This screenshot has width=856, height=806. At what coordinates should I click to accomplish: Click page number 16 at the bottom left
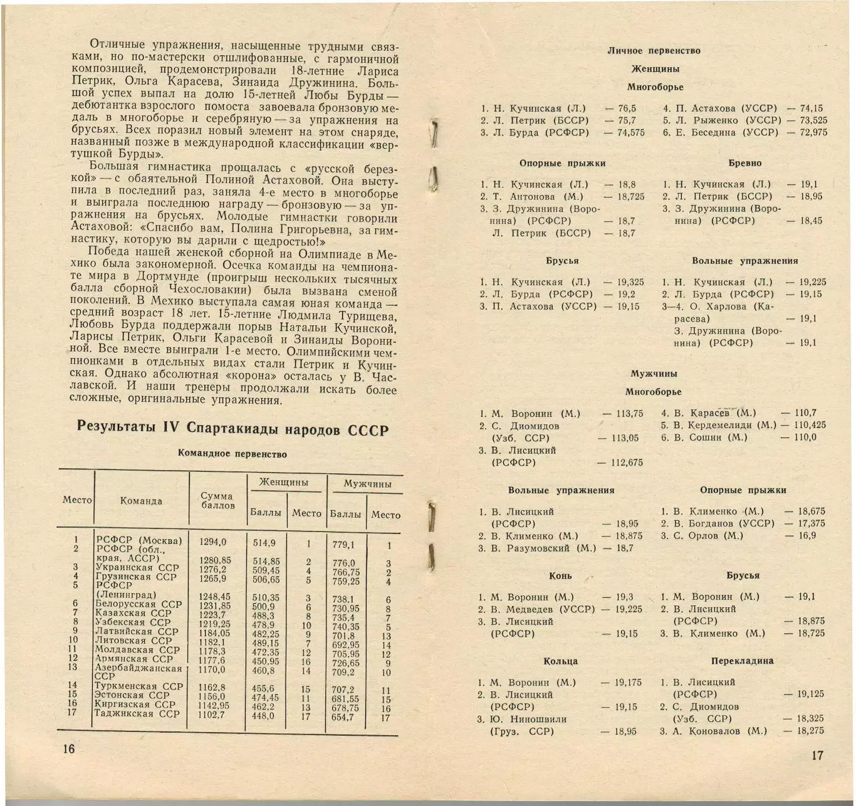68,748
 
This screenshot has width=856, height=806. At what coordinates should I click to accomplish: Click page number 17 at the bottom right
817,755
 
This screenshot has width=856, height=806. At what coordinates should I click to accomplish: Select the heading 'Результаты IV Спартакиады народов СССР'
232,429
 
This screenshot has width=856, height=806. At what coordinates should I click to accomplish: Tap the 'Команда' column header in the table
141,501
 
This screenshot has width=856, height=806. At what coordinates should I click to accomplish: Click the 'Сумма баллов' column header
217,500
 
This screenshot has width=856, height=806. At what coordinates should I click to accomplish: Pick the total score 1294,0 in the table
213,542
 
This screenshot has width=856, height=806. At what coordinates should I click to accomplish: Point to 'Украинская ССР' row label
137,568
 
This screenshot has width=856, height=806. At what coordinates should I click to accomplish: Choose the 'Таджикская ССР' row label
137,714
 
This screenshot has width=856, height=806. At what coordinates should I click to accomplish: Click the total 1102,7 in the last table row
212,714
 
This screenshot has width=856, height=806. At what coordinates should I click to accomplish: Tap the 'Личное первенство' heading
654,51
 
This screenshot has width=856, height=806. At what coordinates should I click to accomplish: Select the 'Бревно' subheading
745,163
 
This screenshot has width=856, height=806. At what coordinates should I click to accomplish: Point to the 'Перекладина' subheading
742,661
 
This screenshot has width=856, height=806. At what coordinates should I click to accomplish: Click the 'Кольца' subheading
560,661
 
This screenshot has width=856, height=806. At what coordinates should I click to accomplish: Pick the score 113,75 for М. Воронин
629,414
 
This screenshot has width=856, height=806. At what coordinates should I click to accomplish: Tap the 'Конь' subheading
560,575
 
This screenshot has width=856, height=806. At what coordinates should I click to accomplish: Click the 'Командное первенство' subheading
232,454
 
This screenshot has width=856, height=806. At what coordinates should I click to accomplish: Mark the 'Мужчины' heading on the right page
654,374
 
